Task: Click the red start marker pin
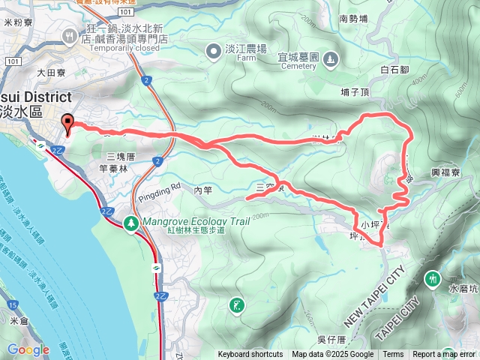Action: tap(68, 124)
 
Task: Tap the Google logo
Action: tap(28, 349)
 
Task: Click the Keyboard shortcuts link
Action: tap(250, 355)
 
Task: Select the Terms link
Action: tap(393, 355)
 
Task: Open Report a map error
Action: tap(445, 355)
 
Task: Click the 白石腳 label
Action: tap(394, 70)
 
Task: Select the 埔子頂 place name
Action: tap(355, 92)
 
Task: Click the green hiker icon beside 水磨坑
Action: tap(432, 279)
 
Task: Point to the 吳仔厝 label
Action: tap(331, 340)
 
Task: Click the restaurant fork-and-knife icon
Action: tap(70, 34)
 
